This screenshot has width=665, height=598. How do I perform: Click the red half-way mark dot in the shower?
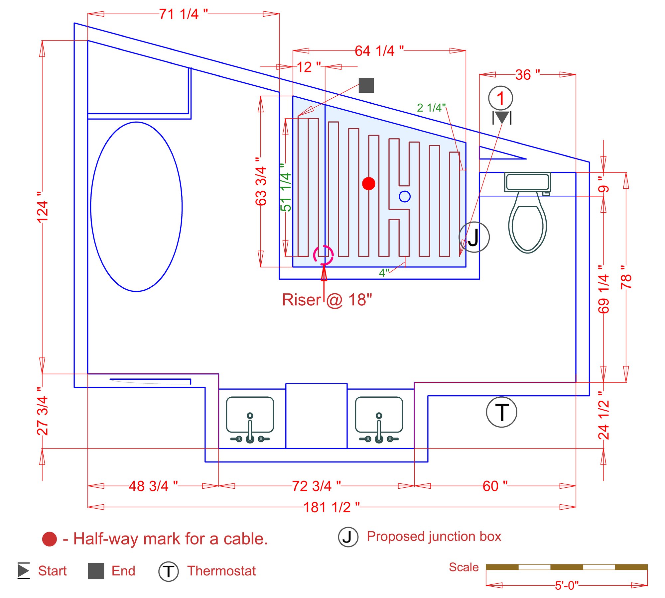368,183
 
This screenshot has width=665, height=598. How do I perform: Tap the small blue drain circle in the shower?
404,196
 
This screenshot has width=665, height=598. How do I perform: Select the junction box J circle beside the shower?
474,237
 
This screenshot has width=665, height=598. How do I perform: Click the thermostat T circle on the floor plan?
501,412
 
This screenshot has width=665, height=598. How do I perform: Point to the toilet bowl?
527,226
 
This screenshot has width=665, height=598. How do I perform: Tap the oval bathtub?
136,207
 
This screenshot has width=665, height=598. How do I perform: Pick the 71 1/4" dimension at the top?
183,14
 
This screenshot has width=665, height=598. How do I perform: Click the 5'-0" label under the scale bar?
567,585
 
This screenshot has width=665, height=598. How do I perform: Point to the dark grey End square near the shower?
366,85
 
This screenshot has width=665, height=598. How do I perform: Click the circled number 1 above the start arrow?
500,98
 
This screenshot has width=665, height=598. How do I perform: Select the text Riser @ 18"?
327,300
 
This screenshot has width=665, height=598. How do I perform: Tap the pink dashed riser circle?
323,255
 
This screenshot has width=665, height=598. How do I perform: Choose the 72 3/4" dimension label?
316,486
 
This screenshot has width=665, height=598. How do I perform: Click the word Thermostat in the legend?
221,571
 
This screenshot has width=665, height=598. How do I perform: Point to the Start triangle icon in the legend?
24,571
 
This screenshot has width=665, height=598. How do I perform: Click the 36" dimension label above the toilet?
527,75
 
